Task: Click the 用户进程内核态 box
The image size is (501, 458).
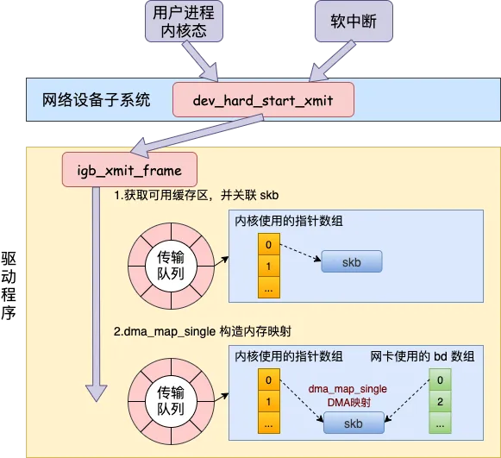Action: (184, 22)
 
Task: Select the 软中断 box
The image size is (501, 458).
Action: (354, 22)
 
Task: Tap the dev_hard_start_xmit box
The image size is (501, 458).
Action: (263, 100)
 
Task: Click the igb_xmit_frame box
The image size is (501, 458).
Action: (129, 169)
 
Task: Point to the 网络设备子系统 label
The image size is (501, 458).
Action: (97, 100)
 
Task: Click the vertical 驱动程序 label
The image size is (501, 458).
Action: (9, 285)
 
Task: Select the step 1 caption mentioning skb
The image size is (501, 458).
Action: (197, 195)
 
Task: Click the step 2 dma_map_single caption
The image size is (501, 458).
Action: (203, 331)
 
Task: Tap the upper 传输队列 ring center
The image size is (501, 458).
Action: (171, 266)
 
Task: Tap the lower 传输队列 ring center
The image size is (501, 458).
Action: (171, 401)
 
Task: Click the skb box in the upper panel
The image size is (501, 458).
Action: (352, 261)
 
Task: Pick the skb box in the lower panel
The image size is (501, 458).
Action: (354, 423)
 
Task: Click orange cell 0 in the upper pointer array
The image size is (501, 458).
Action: (269, 244)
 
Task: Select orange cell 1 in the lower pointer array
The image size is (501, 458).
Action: (269, 401)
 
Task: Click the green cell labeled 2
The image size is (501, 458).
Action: (440, 401)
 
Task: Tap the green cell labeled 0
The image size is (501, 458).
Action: (440, 380)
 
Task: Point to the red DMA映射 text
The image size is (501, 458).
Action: (349, 403)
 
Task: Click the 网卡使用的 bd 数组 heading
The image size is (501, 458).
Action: (423, 356)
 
